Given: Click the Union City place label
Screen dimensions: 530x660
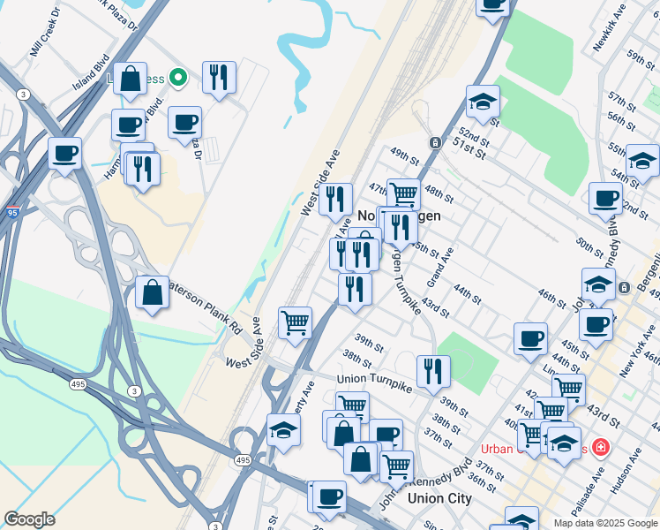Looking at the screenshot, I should (439, 498).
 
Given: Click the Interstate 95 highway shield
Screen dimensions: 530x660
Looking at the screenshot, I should (12, 212).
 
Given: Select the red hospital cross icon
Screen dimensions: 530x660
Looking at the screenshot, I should (601, 447).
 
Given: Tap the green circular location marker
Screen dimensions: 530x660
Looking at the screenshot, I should (177, 78).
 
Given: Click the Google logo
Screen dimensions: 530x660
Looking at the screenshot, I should (29, 519).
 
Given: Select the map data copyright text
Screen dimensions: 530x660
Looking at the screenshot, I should (604, 523).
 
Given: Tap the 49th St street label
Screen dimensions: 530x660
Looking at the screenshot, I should (405, 156).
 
